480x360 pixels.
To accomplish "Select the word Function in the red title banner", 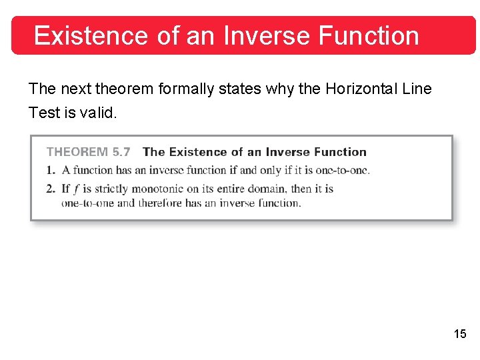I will [369, 35].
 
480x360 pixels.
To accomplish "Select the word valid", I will [98, 113].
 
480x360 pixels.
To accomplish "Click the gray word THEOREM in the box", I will [77, 152].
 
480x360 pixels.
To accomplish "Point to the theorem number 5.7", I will [121, 152].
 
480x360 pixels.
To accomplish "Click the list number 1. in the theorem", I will [51, 170].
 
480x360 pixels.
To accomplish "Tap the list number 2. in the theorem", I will [51, 189].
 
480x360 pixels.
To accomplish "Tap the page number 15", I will [460, 334].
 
